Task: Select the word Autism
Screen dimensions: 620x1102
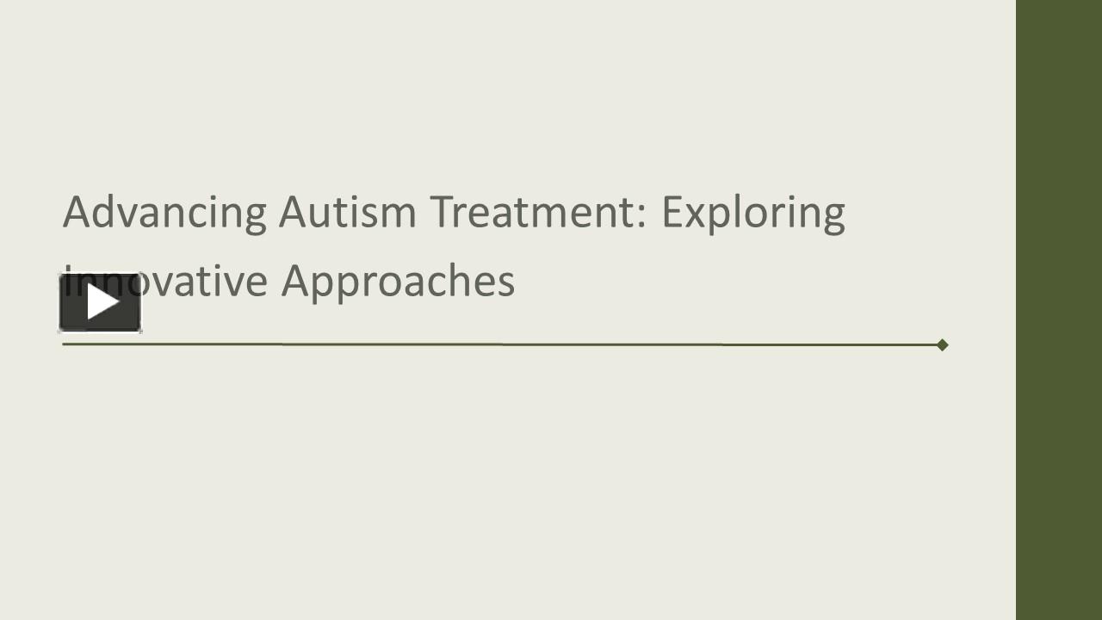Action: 347,212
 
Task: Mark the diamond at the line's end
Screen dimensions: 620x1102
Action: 942,344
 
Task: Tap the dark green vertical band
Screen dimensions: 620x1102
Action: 1059,310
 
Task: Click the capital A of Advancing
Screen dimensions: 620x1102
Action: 77,212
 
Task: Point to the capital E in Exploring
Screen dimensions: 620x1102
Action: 672,212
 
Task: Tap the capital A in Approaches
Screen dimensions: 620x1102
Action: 294,281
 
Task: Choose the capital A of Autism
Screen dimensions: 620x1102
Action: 292,212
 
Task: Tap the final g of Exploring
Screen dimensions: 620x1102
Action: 833,217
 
